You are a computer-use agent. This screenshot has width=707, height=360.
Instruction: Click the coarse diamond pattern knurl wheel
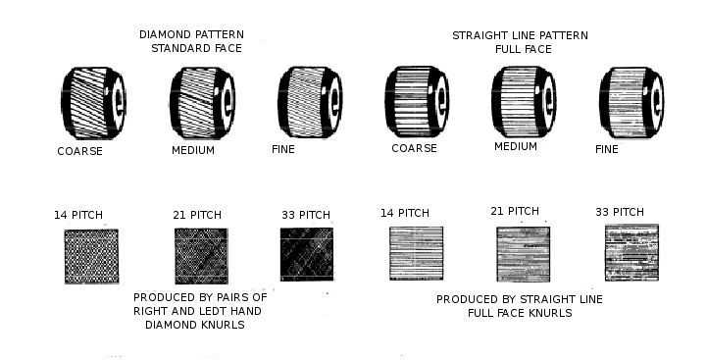pyautogui.click(x=93, y=103)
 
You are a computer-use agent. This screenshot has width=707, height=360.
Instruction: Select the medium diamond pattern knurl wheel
pyautogui.click(x=202, y=103)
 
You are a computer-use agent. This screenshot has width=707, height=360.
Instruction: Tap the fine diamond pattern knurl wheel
pyautogui.click(x=310, y=102)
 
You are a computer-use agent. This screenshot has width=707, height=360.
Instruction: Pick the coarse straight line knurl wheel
pyautogui.click(x=417, y=102)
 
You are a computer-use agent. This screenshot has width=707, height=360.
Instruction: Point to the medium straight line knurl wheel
pyautogui.click(x=524, y=101)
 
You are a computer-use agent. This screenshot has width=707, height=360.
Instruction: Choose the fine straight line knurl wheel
pyautogui.click(x=631, y=102)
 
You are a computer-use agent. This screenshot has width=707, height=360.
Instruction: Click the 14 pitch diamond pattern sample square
pyautogui.click(x=91, y=256)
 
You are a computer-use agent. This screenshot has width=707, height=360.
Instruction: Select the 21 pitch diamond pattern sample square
pyautogui.click(x=202, y=256)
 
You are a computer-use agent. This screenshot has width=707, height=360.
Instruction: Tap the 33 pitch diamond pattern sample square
pyautogui.click(x=307, y=254)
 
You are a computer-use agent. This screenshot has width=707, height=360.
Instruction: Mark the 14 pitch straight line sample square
pyautogui.click(x=416, y=253)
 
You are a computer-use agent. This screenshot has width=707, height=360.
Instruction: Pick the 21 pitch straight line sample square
pyautogui.click(x=524, y=254)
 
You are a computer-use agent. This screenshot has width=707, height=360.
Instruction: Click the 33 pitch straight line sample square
pyautogui.click(x=631, y=253)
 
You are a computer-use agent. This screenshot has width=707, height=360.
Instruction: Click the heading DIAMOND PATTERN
pyautogui.click(x=191, y=34)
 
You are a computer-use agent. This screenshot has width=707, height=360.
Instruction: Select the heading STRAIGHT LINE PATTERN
pyautogui.click(x=520, y=35)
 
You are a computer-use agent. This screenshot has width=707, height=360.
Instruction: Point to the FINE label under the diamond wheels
pyautogui.click(x=283, y=149)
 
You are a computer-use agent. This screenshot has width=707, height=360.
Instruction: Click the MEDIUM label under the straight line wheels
pyautogui.click(x=516, y=146)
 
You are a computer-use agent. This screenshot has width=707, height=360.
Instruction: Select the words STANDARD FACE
pyautogui.click(x=196, y=48)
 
